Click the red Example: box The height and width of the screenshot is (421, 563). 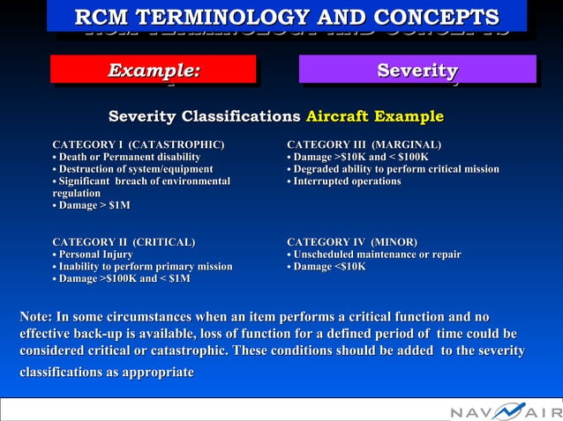pos(153,70)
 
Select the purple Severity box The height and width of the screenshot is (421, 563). pos(417,70)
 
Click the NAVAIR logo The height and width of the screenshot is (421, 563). pos(504,410)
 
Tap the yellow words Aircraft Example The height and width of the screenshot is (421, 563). pos(374,117)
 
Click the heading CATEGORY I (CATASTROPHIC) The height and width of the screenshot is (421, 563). pos(139,144)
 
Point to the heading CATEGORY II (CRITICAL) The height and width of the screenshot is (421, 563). pos(124,241)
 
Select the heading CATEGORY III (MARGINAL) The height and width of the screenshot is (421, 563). pos(364,144)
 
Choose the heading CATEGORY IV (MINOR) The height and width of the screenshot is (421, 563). pos(352,241)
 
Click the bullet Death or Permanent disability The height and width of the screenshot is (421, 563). pos(126,157)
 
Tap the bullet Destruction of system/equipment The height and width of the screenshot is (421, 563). pos(133,169)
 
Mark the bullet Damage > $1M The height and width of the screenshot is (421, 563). pos(92,205)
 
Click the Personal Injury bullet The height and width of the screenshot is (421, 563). pos(94,255)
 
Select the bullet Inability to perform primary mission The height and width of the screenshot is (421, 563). pos(143,267)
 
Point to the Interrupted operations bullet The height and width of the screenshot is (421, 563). pos(344,181)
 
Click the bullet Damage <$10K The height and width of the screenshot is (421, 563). pos(327,267)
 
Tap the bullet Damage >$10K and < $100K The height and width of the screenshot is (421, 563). pos(358,157)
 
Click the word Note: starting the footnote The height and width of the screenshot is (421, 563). pos(36,317)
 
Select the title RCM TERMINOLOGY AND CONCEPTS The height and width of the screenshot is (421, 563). pos(287,17)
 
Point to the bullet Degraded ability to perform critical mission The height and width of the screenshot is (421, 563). pos(394,169)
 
